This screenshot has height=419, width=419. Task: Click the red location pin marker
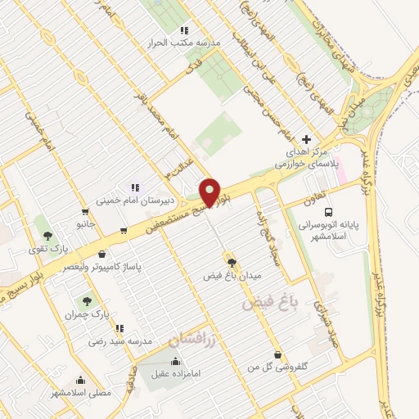pyautogui.click(x=210, y=192)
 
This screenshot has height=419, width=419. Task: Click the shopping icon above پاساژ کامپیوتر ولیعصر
pyautogui.click(x=101, y=255)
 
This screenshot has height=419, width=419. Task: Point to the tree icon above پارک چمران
pyautogui.click(x=87, y=302)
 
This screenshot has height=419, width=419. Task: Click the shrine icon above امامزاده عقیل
pyautogui.click(x=174, y=362)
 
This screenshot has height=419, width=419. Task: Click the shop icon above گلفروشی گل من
pyautogui.click(x=278, y=355)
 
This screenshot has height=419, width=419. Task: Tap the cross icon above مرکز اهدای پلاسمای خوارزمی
pyautogui.click(x=307, y=139)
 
